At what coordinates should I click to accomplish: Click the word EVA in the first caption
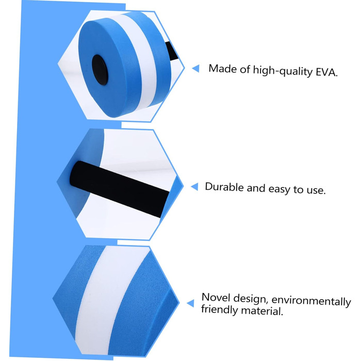tap(326, 72)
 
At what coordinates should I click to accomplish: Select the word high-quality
tap(283, 71)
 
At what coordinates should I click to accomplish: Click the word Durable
tap(224, 187)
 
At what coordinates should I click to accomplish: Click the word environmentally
tap(311, 301)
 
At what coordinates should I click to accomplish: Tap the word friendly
tap(219, 309)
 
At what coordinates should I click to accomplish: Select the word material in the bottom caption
tap(262, 311)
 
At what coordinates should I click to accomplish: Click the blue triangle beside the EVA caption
tap(195, 69)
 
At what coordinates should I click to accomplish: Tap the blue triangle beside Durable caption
tap(194, 187)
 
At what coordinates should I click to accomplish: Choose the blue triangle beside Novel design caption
tap(190, 303)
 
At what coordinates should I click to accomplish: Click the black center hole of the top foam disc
tap(100, 70)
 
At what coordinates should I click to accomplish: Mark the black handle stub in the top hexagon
tap(172, 52)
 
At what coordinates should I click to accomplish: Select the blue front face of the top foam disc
tap(108, 69)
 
